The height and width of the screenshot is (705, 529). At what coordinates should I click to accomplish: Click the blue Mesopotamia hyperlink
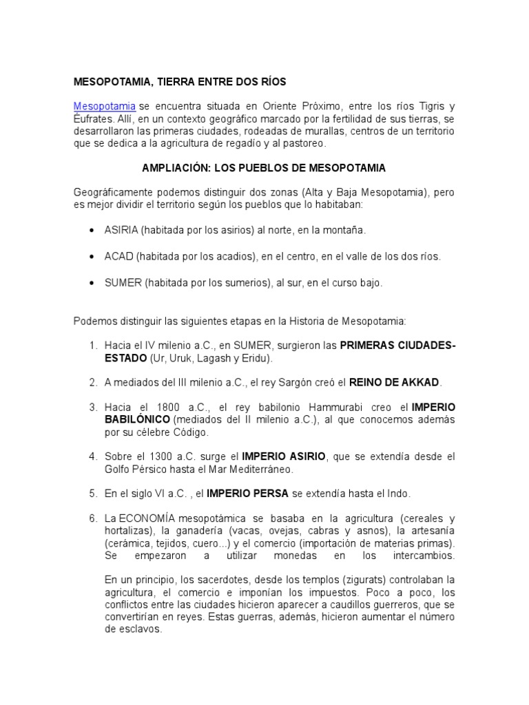point(104,107)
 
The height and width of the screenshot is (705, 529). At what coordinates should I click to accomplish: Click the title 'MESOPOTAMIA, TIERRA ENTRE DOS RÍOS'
point(180,81)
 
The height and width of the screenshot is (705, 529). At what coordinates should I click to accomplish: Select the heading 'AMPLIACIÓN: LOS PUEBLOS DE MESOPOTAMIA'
point(264,168)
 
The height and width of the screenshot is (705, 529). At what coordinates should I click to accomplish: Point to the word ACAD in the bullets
point(118,256)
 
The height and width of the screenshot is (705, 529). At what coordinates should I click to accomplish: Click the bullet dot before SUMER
point(92,283)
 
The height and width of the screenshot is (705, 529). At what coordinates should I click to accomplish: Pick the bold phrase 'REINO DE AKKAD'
point(394,382)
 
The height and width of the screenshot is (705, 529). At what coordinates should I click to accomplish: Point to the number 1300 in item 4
point(169,456)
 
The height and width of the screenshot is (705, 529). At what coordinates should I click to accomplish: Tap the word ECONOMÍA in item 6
point(149,518)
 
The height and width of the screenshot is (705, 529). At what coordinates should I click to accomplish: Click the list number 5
point(92,494)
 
